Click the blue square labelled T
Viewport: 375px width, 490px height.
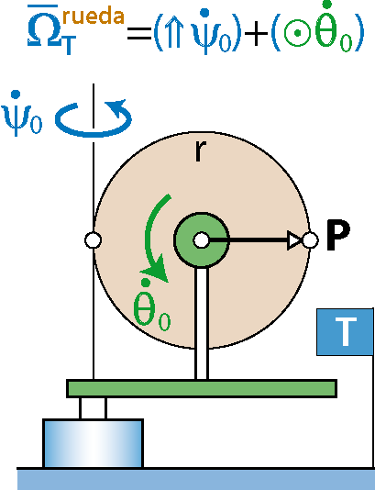[x=345, y=332]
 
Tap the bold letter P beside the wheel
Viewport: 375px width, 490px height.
[x=338, y=235]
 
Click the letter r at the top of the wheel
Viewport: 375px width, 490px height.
[x=201, y=150]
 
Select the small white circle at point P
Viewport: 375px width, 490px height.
[x=311, y=240]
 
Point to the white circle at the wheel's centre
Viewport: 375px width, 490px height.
[x=202, y=240]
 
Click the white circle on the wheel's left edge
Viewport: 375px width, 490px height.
[x=93, y=240]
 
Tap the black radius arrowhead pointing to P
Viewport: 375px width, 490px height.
[x=294, y=240]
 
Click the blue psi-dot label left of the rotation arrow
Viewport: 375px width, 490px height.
[x=21, y=113]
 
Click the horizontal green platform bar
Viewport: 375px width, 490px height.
[x=202, y=388]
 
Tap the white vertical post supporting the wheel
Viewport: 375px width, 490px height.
[x=202, y=323]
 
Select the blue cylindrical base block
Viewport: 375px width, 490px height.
[x=93, y=443]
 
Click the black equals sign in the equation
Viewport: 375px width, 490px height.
[x=139, y=34]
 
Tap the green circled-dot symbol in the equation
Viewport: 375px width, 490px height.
[x=298, y=32]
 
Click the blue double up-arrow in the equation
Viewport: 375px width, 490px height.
[x=173, y=32]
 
